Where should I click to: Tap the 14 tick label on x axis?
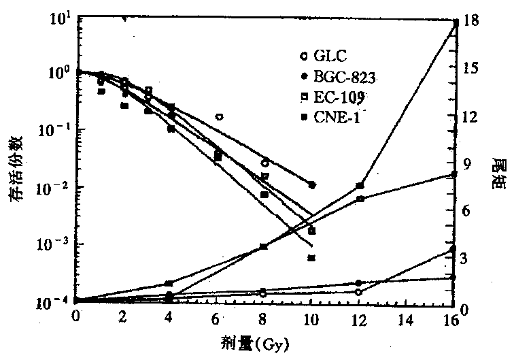pos(405,318)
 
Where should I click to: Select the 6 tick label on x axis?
pos(217,318)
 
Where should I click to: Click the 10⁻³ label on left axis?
pos(52,244)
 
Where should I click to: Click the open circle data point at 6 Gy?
pos(219,117)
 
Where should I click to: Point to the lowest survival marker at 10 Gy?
pos(311,258)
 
